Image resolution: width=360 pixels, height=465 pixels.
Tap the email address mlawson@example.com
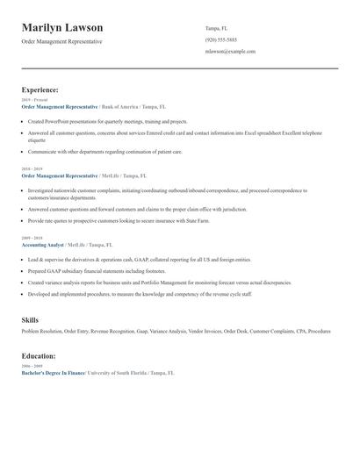pos(230,52)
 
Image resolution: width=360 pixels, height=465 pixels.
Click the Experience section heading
pos(40,89)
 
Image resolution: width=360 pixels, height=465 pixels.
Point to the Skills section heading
pos(31,319)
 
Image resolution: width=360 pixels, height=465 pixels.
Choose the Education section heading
pos(39,356)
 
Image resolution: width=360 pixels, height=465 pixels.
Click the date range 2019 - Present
pos(35,100)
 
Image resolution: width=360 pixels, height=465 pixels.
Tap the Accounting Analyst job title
pos(42,245)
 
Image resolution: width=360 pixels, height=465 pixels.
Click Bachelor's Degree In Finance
pos(54,373)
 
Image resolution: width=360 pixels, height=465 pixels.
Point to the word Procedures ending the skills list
pos(319,332)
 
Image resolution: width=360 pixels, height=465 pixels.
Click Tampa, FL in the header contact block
pos(217,28)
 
